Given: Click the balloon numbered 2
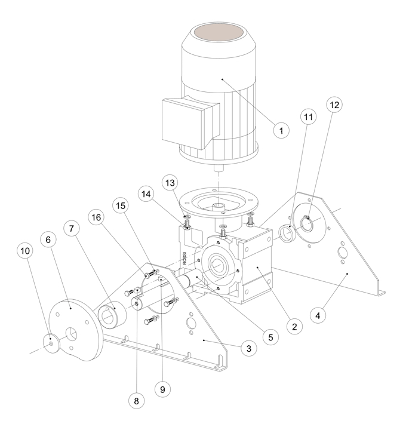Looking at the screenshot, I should [293, 327].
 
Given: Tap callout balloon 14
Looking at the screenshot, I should [145, 195].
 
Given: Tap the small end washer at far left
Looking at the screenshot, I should [53, 343].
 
